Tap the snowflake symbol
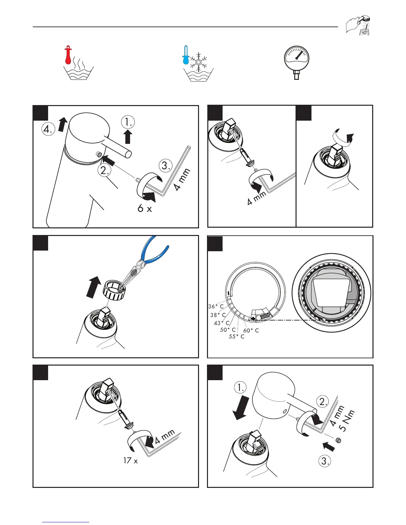click(x=199, y=61)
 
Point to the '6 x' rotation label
click(x=145, y=209)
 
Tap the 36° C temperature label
click(x=216, y=307)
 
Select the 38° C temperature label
click(x=218, y=315)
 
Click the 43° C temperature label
click(x=222, y=323)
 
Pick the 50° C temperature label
click(x=228, y=330)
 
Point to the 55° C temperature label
click(x=237, y=337)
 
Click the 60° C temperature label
click(x=251, y=330)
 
